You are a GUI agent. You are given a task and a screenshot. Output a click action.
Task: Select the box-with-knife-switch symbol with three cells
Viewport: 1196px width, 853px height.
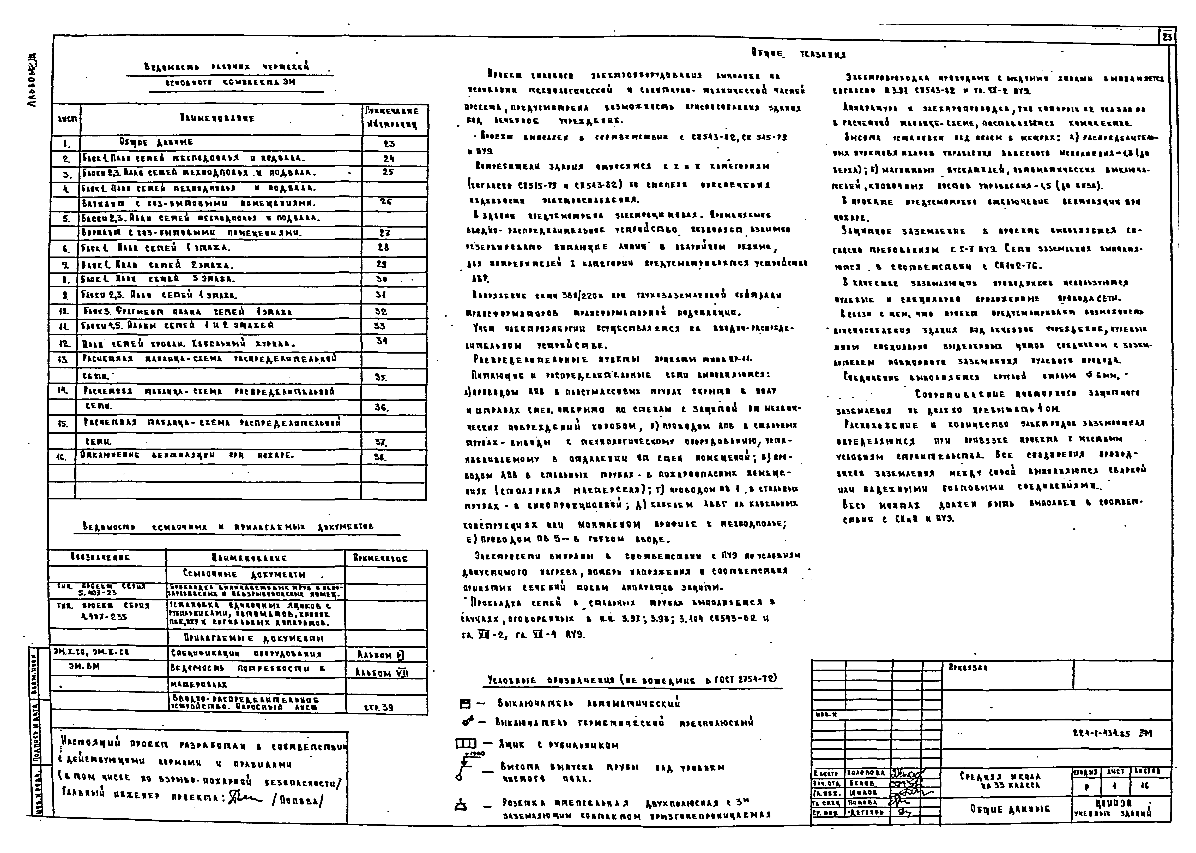(466, 744)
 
